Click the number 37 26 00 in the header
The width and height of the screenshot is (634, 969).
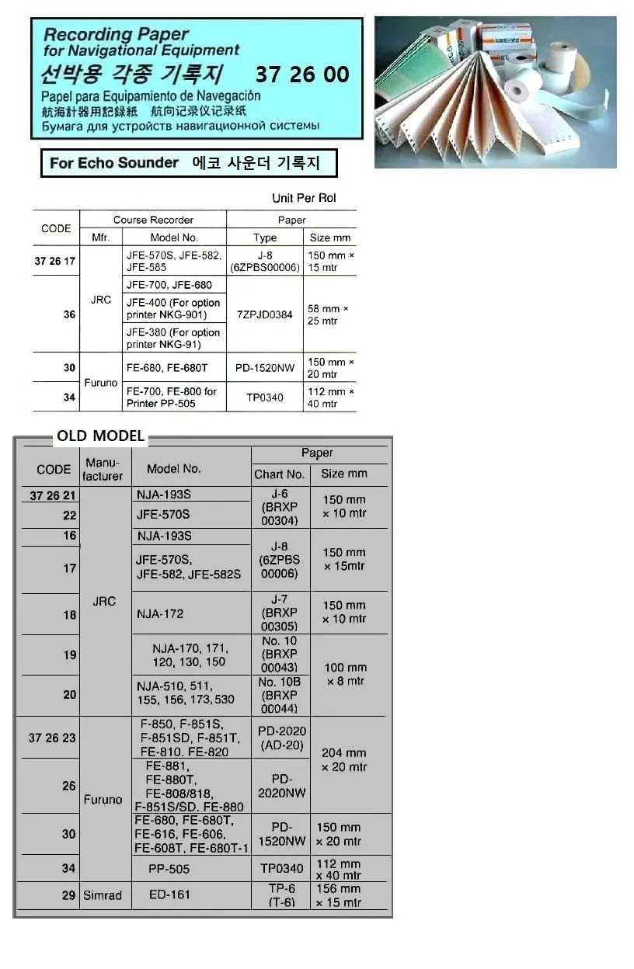point(302,75)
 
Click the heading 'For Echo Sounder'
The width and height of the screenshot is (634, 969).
point(114,163)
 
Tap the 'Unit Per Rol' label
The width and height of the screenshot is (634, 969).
point(304,198)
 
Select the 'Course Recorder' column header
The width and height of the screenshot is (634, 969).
point(153,220)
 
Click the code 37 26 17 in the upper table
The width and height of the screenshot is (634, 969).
point(55,261)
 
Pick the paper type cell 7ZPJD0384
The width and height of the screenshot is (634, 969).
point(265,314)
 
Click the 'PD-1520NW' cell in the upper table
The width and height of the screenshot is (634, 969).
point(265,368)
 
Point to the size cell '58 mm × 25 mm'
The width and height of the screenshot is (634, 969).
point(329,314)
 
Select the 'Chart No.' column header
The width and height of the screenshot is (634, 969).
point(280,474)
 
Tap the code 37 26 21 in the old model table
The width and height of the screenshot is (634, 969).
point(53,496)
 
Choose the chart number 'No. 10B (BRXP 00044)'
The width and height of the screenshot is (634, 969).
point(280,695)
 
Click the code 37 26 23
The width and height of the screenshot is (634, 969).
point(52,738)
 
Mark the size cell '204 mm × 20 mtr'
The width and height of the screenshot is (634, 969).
point(344,759)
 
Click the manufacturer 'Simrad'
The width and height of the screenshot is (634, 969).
point(103,895)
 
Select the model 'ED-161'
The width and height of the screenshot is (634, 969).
point(169,894)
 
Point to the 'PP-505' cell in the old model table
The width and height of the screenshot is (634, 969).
point(169,869)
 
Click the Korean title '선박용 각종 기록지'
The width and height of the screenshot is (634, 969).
point(132,75)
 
